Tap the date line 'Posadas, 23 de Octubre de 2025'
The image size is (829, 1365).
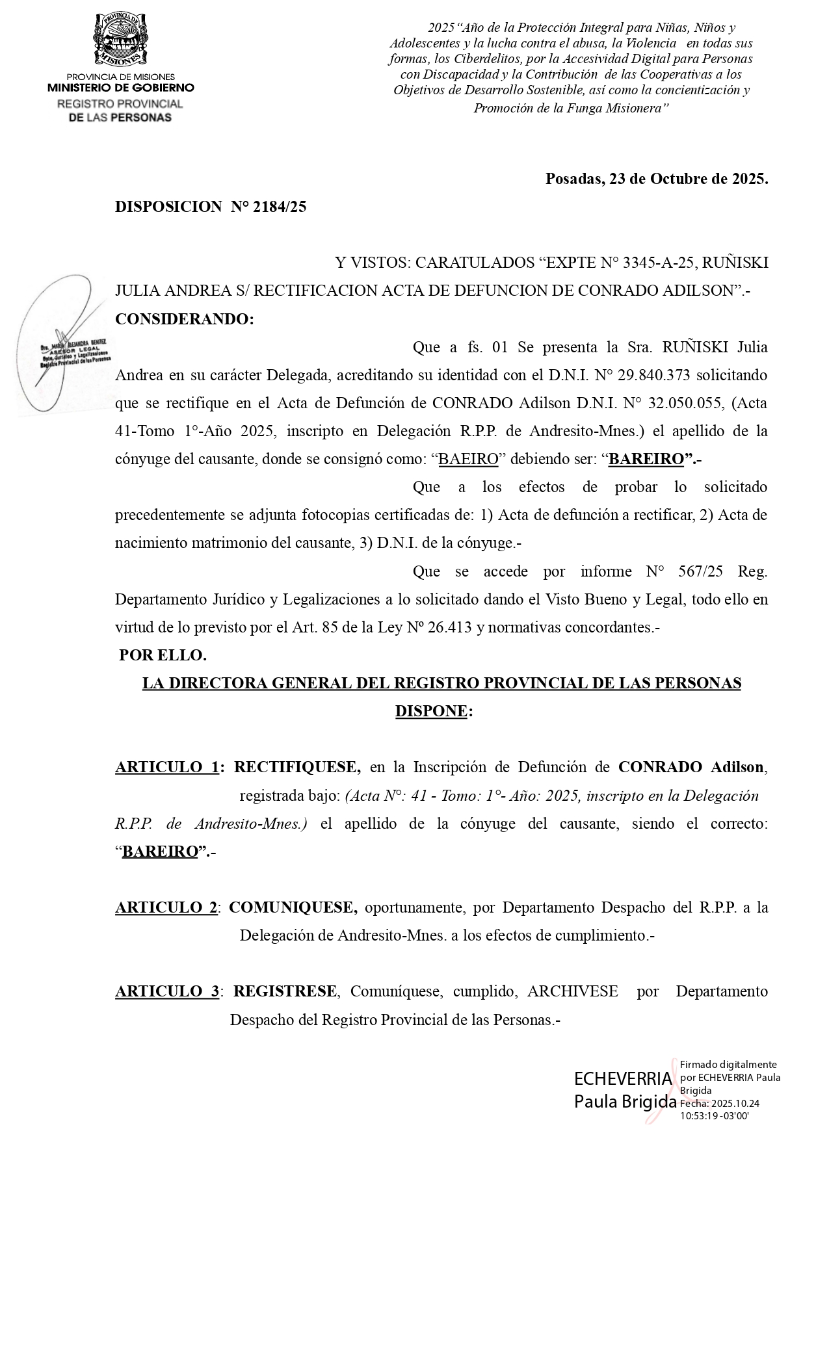[x=656, y=179]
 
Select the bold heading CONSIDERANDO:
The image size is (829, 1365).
[x=184, y=319]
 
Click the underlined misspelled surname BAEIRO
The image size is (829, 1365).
[x=468, y=459]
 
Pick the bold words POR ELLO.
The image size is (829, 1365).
[x=163, y=655]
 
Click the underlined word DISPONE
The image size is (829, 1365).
[x=431, y=711]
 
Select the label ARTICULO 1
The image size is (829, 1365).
[x=167, y=767]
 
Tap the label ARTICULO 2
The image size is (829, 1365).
[x=166, y=907]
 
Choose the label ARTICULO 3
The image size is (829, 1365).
[x=167, y=991]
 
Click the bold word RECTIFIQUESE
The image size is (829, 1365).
[x=297, y=767]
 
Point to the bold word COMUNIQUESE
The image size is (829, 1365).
[x=293, y=907]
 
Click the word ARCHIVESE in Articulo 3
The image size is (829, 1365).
[x=573, y=991]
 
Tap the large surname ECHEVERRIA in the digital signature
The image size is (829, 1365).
[x=622, y=1079]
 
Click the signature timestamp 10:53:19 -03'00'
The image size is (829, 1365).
[x=715, y=1115]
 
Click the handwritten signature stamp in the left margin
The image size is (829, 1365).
[x=65, y=344]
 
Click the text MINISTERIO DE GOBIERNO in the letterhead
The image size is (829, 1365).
[x=120, y=88]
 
